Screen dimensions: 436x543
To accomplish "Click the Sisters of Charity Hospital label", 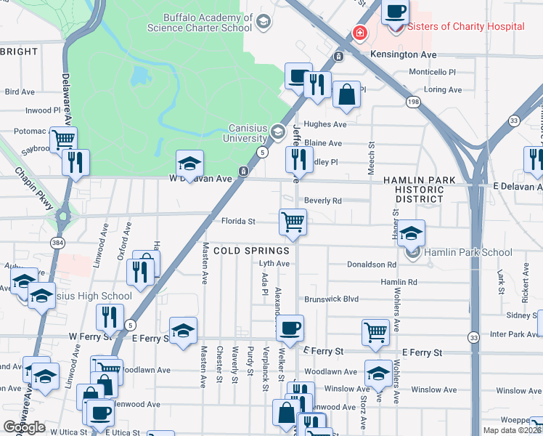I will point(466,27).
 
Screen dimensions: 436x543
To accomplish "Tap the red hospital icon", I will point(359,33).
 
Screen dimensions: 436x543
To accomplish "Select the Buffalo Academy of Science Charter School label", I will point(198,23).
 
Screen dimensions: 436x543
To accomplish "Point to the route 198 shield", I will point(413,102).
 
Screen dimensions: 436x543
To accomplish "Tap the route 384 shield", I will point(56,241).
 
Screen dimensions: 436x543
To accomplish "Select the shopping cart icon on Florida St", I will point(293,221).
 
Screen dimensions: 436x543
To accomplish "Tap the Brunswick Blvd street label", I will point(332,299).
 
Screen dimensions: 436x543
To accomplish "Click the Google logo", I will point(24,427).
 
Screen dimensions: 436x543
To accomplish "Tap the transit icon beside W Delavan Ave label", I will point(244,171).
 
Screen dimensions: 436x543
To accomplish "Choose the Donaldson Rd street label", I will point(371,265).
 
